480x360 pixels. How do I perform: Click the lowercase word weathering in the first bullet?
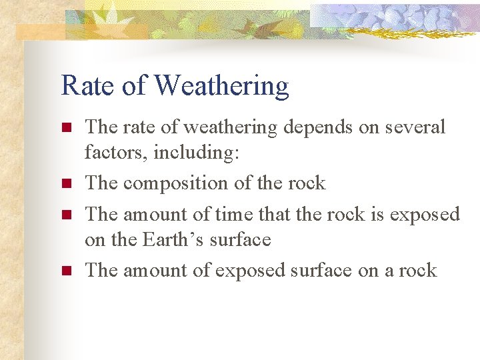point(227,127)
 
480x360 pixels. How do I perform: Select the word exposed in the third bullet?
point(425,215)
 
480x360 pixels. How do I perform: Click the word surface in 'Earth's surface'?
point(240,239)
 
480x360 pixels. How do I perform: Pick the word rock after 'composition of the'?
point(304,183)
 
